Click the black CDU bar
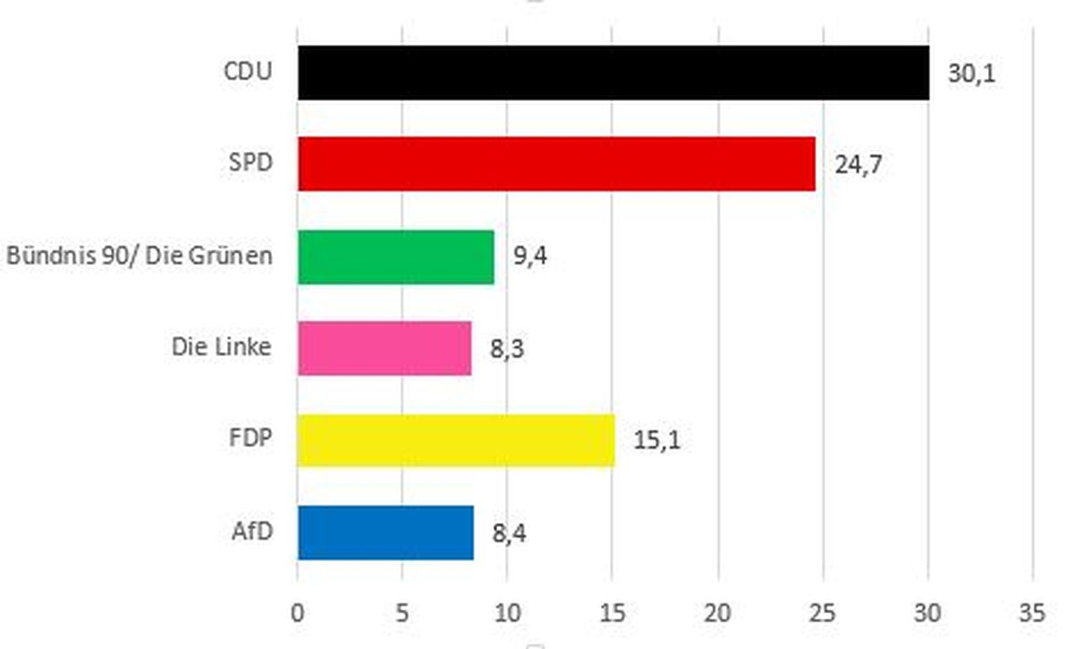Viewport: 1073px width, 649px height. click(613, 73)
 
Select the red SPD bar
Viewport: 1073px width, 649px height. click(556, 164)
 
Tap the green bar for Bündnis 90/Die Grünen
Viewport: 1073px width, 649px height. click(395, 257)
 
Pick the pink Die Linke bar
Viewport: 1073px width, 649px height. click(384, 349)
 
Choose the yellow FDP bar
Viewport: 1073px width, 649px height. click(456, 440)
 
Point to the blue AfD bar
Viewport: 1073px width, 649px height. click(385, 533)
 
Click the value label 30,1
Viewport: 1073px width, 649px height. click(972, 73)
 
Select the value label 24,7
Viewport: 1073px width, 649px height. click(859, 165)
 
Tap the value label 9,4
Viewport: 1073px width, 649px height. click(528, 257)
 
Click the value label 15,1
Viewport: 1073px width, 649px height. click(657, 441)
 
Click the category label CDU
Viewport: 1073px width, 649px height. click(248, 72)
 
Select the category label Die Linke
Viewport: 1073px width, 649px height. click(221, 346)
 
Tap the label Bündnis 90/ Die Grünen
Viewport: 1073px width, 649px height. click(139, 256)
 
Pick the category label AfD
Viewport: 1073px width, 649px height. click(251, 530)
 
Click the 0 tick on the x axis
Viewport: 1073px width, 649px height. click(298, 613)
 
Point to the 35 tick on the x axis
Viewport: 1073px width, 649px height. click(1033, 613)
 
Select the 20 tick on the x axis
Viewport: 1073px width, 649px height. click(718, 613)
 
